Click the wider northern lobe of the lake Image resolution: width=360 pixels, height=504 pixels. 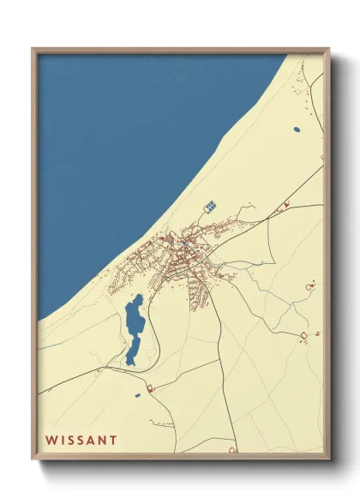pyautogui.click(x=134, y=315)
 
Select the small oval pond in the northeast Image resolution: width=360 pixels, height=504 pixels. pyautogui.click(x=297, y=129)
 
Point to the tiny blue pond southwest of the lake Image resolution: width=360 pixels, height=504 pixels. pyautogui.click(x=135, y=395)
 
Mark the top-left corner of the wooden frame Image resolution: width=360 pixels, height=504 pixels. pyautogui.click(x=33, y=50)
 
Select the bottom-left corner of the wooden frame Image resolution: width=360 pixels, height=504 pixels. pyautogui.click(x=33, y=456)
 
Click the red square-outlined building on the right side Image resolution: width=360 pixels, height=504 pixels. pyautogui.click(x=303, y=333)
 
